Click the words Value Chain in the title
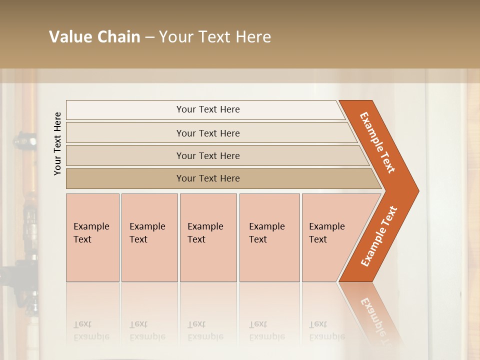[94, 36]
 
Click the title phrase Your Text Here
[215, 36]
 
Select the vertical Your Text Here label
[57, 143]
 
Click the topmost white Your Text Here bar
[207, 109]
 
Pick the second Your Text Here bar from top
[207, 133]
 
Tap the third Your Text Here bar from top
[207, 155]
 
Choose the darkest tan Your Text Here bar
[207, 178]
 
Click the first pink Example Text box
[92, 237]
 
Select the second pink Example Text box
[149, 237]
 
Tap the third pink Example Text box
[207, 237]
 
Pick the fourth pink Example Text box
[269, 237]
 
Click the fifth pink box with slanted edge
[330, 237]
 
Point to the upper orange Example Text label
[377, 142]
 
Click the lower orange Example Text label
[379, 236]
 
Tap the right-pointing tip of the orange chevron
[416, 191]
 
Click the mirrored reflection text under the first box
[91, 330]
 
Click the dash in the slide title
[149, 37]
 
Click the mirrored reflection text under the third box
[205, 330]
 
